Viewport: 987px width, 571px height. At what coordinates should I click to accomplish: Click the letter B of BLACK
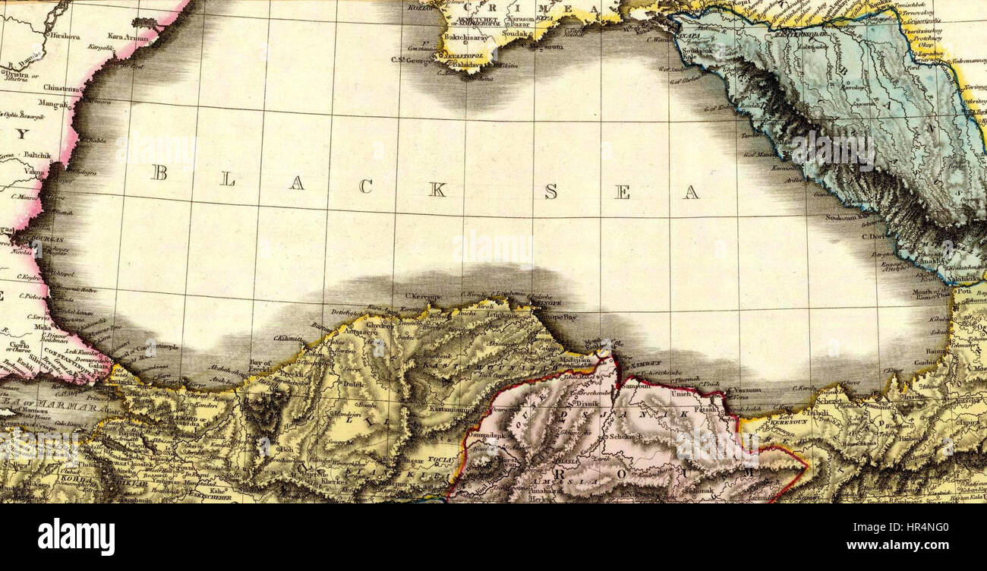pyautogui.click(x=159, y=173)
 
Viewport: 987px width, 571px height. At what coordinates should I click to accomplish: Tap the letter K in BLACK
pyautogui.click(x=437, y=190)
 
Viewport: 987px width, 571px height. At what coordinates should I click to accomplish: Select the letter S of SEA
pyautogui.click(x=550, y=191)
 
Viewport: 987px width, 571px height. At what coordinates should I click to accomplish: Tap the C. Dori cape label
pyautogui.click(x=872, y=236)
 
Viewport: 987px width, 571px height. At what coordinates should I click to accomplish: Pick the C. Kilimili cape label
pyautogui.click(x=289, y=339)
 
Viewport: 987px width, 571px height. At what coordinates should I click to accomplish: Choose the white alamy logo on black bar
pyautogui.click(x=77, y=537)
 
